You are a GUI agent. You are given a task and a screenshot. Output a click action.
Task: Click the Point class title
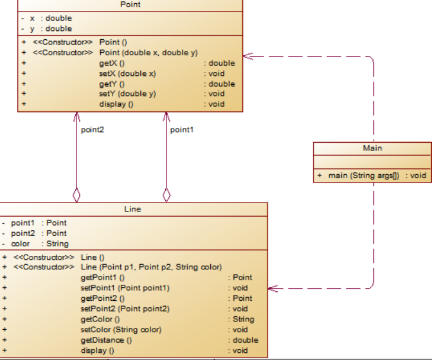click(130, 4)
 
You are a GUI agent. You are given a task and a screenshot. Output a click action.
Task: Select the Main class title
click(372, 148)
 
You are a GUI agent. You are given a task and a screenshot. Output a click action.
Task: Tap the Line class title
click(132, 209)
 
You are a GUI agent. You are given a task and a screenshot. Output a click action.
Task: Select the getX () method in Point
click(112, 63)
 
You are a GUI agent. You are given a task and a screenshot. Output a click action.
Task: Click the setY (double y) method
click(127, 94)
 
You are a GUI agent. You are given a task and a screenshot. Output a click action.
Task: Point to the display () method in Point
click(116, 104)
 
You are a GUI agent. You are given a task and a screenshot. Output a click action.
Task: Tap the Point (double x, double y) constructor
click(148, 53)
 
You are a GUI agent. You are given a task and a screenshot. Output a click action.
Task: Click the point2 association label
click(93, 130)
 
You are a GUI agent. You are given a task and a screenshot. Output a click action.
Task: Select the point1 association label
click(182, 130)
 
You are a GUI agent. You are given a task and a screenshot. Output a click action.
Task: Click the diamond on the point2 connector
click(76, 195)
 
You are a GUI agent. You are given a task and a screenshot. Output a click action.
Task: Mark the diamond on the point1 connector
click(166, 195)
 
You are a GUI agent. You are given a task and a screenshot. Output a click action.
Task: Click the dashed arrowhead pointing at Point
click(248, 56)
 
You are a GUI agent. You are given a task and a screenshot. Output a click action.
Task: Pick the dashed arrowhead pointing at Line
click(273, 289)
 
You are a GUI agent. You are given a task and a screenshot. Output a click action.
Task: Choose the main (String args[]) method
click(364, 175)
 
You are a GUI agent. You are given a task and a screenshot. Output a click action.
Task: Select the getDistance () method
click(106, 340)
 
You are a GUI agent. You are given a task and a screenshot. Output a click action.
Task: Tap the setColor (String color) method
click(121, 330)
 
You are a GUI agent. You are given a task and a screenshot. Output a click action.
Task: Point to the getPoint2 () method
click(102, 298)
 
